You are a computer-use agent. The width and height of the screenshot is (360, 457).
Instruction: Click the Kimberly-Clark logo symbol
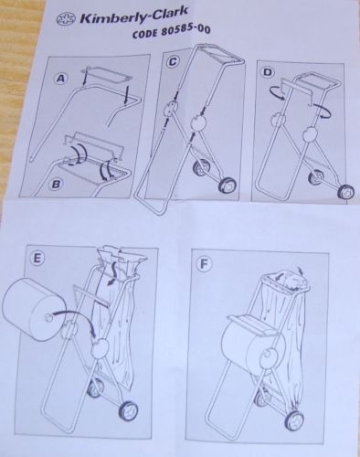[x=67, y=19]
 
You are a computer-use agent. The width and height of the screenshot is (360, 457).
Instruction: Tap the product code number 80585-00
[x=185, y=31]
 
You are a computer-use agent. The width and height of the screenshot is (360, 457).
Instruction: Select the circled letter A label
[x=61, y=79]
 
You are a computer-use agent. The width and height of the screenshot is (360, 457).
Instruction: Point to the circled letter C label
[x=173, y=62]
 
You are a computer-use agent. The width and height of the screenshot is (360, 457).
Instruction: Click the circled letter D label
[x=268, y=72]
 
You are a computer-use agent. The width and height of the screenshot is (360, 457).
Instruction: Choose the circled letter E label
[x=37, y=258]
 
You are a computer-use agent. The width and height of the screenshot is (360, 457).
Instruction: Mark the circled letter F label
[x=204, y=264]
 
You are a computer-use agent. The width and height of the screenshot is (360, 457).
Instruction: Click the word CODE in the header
[x=145, y=33]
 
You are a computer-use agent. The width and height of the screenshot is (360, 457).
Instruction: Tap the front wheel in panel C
[x=229, y=185]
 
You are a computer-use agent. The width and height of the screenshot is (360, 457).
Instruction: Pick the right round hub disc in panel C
[x=198, y=123]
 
